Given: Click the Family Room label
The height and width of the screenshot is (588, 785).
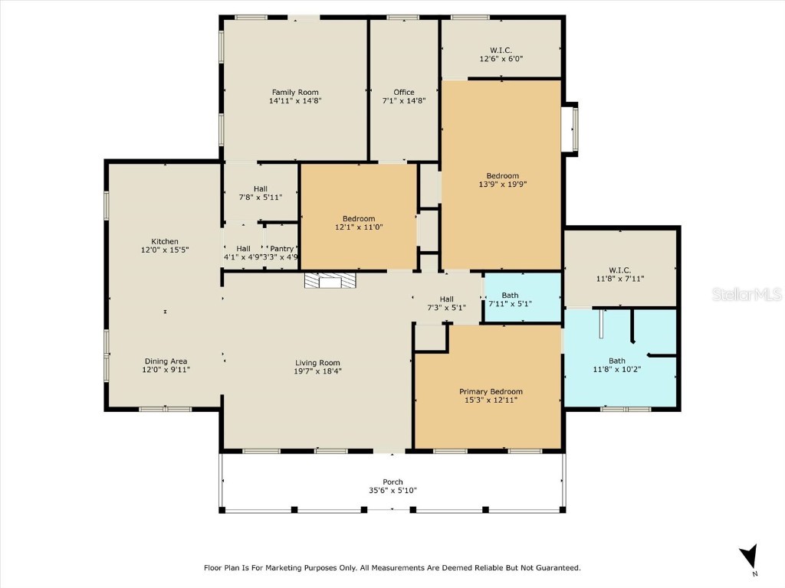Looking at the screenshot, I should coord(294,93).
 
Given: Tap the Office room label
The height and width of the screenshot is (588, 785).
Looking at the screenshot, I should coord(403,93).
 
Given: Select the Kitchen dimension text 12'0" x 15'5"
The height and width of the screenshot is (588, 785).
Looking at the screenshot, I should coord(164,250).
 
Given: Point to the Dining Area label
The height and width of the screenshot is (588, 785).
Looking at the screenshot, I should coord(166,361).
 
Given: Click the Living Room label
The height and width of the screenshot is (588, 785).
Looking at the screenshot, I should coord(317,363).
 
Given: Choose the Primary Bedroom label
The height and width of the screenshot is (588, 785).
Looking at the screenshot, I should coord(491,391).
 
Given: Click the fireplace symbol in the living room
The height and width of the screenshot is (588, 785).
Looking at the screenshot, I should coord(330,282).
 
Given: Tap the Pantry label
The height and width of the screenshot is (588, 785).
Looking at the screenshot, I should coord(282,248).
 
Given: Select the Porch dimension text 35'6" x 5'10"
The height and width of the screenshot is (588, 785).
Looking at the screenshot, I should coord(392,491).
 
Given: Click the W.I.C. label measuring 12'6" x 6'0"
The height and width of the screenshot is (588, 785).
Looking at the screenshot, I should coord(501,51).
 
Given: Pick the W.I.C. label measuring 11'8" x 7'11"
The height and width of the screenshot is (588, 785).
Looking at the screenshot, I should coord(619,269).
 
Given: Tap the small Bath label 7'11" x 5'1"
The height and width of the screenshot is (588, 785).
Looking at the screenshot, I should coord(510,295).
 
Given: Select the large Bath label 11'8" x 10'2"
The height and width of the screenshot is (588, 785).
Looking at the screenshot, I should coord(616,361).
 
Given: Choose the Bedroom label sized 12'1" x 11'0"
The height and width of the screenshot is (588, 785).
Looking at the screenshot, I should coord(358,218).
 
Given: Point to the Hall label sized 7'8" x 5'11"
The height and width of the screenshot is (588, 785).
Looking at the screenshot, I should coord(261,188).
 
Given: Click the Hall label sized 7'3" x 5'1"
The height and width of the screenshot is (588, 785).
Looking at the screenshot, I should coord(446,299).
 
